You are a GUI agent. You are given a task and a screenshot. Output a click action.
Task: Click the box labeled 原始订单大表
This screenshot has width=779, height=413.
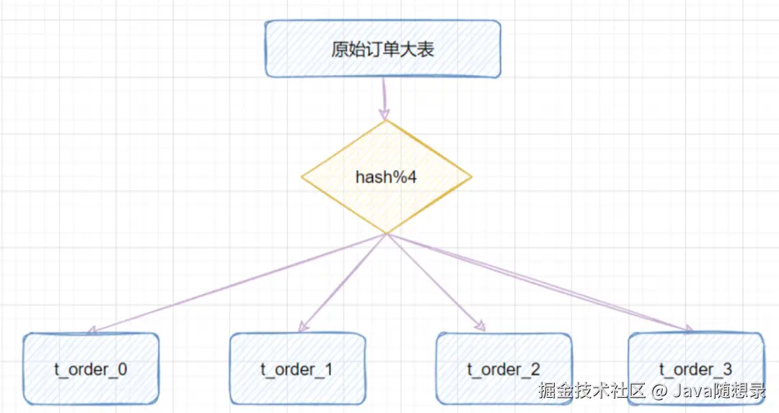coord(382,49)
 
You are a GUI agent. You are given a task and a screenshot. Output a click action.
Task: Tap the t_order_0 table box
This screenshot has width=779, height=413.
coord(90,369)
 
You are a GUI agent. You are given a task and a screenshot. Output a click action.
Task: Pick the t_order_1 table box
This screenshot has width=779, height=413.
coord(296,369)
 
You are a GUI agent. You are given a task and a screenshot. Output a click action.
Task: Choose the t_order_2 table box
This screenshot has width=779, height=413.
coord(503,369)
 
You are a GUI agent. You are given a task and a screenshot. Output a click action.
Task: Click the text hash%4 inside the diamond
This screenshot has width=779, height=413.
coord(386,177)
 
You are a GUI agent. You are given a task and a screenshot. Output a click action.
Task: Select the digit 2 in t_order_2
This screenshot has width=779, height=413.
coord(534,370)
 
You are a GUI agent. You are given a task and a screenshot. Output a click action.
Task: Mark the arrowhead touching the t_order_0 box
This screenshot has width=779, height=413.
coord(92,332)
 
